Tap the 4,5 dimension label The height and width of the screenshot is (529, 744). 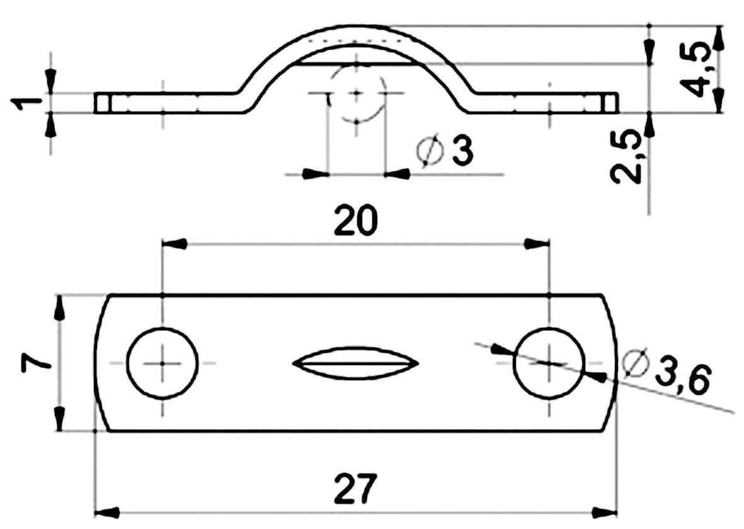pyautogui.click(x=699, y=69)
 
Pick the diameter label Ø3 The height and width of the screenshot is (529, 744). pyautogui.click(x=445, y=152)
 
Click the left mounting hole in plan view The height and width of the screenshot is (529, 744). pyautogui.click(x=162, y=363)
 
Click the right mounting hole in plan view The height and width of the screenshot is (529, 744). pyautogui.click(x=549, y=363)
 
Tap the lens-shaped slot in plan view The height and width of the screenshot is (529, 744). pyautogui.click(x=356, y=363)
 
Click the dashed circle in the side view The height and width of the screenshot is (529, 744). pyautogui.click(x=357, y=94)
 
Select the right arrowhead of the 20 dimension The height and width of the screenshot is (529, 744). pyautogui.click(x=537, y=243)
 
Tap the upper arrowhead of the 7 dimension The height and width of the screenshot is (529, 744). pyautogui.click(x=59, y=308)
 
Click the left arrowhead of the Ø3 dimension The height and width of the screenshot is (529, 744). pyautogui.click(x=316, y=173)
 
